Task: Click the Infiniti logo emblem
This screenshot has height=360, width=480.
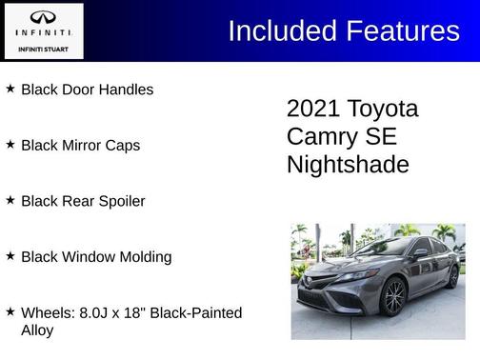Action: click(x=43, y=17)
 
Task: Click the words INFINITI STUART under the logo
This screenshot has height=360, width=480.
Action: click(x=43, y=47)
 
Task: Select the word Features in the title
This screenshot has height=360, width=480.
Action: click(x=402, y=31)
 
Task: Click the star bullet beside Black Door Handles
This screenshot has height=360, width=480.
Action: click(x=10, y=89)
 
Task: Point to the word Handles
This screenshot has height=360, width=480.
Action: click(x=126, y=90)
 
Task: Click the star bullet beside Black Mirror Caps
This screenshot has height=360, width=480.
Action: click(x=10, y=145)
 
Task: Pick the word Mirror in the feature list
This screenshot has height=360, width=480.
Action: click(x=82, y=146)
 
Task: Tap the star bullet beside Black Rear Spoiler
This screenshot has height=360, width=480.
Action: click(x=10, y=200)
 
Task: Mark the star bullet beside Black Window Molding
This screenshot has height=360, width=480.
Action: click(x=10, y=256)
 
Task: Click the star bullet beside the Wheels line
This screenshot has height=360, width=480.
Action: click(x=10, y=311)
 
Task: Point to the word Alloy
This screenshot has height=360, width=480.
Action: click(x=37, y=330)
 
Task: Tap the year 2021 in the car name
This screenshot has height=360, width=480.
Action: click(x=313, y=109)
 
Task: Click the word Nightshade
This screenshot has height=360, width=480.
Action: click(x=348, y=165)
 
